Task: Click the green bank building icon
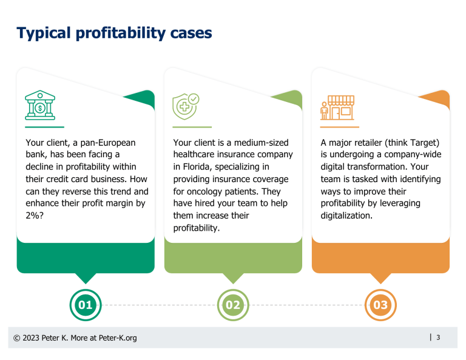[x=40, y=106]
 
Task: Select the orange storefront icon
[x=337, y=107]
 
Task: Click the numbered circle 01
[x=86, y=305]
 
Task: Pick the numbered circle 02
[x=233, y=305]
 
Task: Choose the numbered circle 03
[x=380, y=305]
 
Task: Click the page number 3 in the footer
[x=438, y=338]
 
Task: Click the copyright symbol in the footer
[x=18, y=338]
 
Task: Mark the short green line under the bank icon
[x=44, y=127]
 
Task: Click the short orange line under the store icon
[x=339, y=127]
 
